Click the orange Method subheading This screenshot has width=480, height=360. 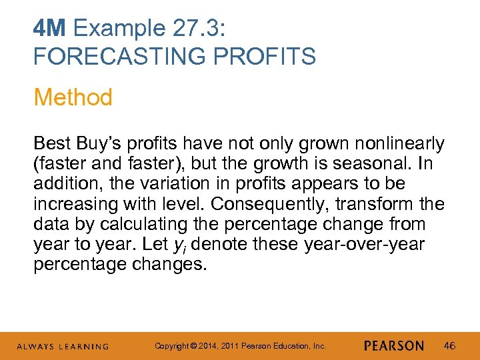click(73, 97)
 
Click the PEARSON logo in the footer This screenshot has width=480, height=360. click(394, 346)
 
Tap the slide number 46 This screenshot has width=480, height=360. click(449, 346)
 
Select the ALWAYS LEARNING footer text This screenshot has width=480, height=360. click(63, 347)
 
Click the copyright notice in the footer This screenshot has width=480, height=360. click(240, 346)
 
